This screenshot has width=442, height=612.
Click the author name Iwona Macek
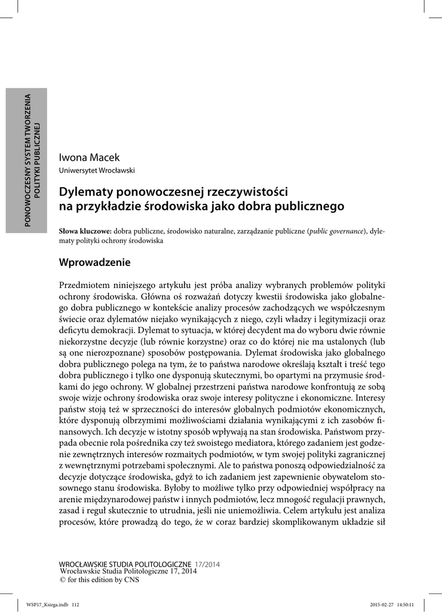(x=89, y=158)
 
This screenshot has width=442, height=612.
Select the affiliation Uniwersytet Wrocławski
(x=96, y=170)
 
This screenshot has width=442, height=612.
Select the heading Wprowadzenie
(x=94, y=262)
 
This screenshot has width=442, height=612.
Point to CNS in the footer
(x=131, y=579)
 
